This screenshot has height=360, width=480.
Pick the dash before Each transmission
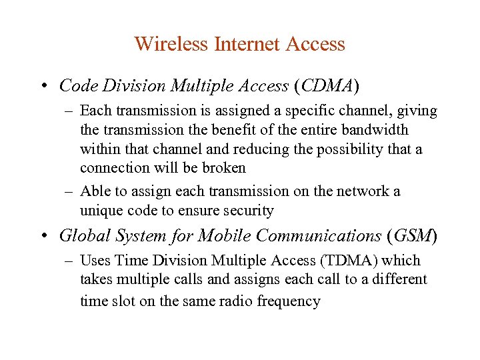(x=70, y=111)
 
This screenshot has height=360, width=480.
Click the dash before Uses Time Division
(x=70, y=261)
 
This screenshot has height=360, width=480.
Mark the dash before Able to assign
(x=70, y=192)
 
